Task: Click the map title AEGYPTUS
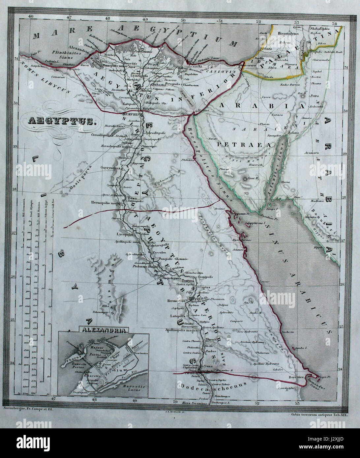62,121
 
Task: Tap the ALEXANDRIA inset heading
104,329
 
